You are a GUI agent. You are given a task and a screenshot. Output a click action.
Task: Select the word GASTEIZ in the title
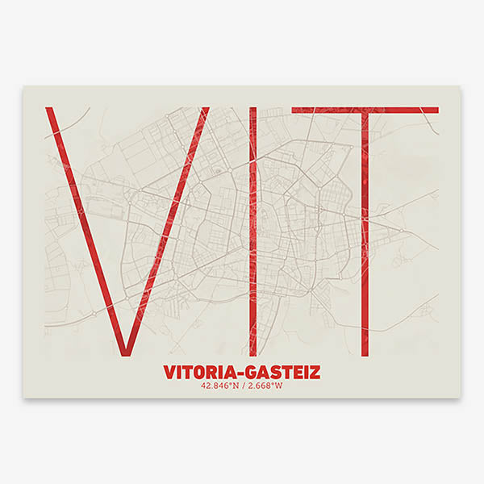tap(282, 373)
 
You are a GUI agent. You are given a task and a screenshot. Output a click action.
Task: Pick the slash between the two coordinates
tap(243, 386)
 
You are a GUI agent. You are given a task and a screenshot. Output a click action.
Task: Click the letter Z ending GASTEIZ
tap(315, 373)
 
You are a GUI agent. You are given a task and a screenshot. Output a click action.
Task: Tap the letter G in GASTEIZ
tap(250, 373)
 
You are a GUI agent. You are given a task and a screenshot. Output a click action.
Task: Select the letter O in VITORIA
tap(201, 373)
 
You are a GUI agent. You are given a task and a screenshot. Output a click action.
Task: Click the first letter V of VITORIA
tap(169, 373)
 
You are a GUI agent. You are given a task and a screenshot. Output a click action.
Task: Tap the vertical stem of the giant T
tap(365, 242)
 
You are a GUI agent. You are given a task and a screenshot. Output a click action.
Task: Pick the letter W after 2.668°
tap(279, 386)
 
